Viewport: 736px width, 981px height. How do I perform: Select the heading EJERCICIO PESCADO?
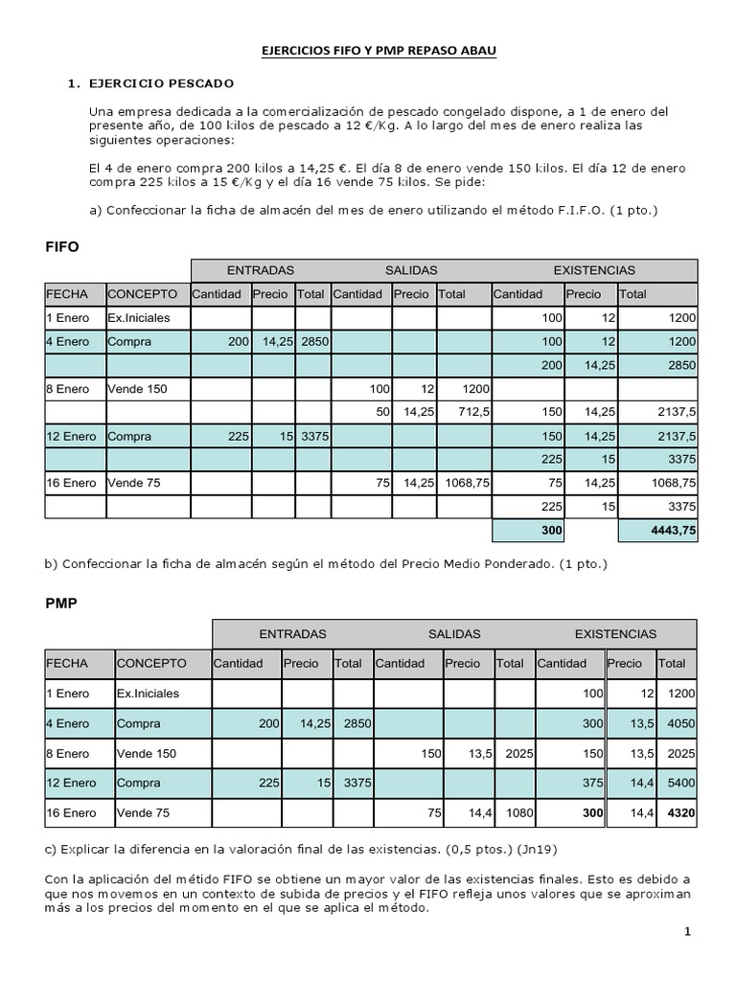(160, 83)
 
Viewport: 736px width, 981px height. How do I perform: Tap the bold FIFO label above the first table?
(62, 246)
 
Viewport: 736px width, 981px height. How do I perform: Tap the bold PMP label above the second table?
(62, 605)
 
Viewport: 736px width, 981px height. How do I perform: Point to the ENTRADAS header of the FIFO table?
(260, 270)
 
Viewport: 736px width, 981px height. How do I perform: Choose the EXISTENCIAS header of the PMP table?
(615, 633)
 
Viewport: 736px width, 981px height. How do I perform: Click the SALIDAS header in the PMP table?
(454, 633)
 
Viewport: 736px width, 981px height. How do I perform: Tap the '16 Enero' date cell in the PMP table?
(71, 812)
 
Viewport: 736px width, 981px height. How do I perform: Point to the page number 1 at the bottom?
(687, 931)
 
